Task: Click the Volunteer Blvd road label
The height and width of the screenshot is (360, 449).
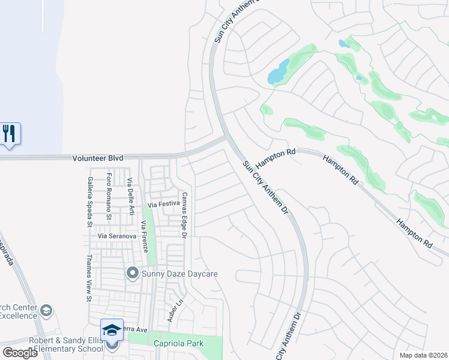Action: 98,158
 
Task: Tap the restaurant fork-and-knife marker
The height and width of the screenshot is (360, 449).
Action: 9,133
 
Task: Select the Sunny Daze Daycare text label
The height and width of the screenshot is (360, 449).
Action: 179,274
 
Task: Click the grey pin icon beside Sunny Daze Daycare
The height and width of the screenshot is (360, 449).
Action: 132,274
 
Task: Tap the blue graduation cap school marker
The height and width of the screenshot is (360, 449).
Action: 111,329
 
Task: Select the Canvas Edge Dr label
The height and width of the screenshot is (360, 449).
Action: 185,214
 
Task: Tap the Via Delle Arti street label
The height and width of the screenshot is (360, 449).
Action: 130,188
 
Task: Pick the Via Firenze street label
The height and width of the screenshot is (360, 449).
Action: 144,236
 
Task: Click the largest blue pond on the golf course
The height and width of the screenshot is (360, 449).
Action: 277,74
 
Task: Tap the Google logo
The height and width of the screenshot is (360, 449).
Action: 20,353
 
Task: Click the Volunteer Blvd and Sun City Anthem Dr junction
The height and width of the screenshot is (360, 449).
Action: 224,139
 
